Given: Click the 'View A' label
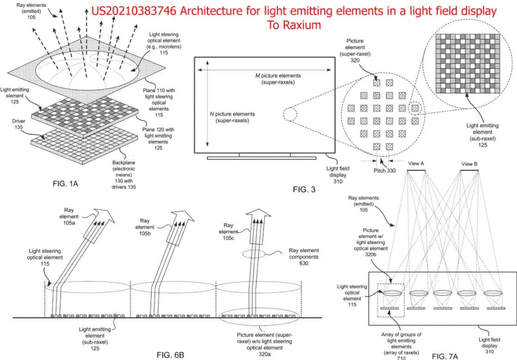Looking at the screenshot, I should click(x=415, y=164).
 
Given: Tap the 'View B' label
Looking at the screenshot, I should click(x=469, y=164).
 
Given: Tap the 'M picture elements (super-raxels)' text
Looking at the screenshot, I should click(x=278, y=79).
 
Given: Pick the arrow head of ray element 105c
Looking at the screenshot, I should click(x=257, y=215).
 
